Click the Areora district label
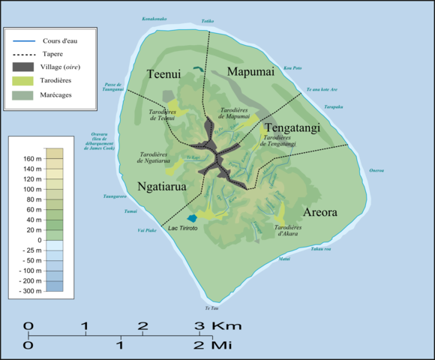[x=320, y=212]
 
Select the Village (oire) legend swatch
[x=22, y=67]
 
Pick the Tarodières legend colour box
[x=22, y=81]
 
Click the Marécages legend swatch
[x=22, y=95]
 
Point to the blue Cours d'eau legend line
[x=22, y=40]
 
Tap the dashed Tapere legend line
[x=22, y=54]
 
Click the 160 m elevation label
[x=33, y=159]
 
